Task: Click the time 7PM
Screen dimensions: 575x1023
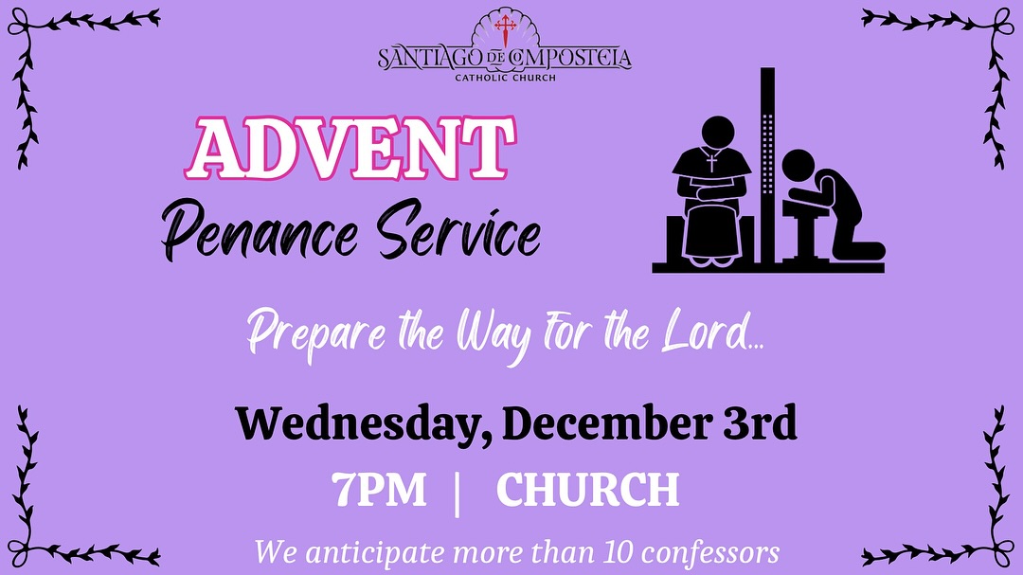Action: pos(379,490)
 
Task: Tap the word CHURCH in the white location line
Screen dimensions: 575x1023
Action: pos(587,490)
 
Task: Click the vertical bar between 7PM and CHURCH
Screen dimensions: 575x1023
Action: pos(459,492)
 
